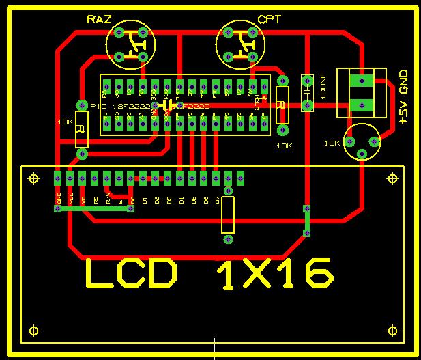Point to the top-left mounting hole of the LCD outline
[x=33, y=178]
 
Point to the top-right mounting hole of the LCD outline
[x=392, y=178]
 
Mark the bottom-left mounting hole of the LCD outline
[x=33, y=331]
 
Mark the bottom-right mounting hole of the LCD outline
[x=392, y=331]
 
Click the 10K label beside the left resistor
[x=66, y=122]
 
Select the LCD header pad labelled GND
[x=59, y=178]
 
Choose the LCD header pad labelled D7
[x=216, y=178]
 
